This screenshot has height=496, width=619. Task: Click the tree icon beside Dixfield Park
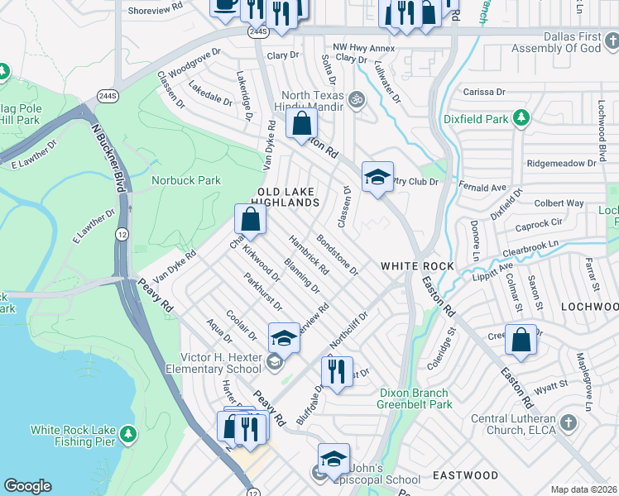point(521,119)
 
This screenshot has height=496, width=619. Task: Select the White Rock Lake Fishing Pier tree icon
point(127,433)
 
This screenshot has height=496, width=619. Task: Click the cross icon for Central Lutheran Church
point(567,423)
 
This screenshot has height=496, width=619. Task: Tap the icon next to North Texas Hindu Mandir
point(357,99)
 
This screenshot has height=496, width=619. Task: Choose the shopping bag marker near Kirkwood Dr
point(251,220)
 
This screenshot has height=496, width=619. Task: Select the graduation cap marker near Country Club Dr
point(377,177)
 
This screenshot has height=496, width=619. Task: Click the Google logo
point(27,486)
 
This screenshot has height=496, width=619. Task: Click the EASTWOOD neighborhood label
point(465,475)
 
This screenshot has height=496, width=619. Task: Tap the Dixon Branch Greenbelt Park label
point(415,398)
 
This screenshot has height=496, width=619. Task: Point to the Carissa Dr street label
point(484,92)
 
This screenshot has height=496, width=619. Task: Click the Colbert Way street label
point(559,203)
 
